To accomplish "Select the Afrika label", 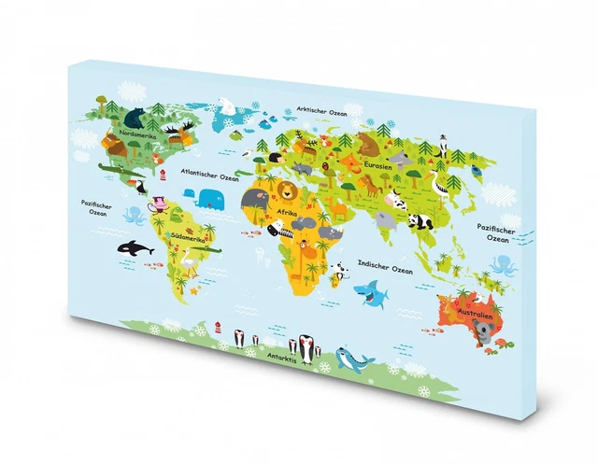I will [288, 214].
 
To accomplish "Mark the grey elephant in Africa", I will [254, 198].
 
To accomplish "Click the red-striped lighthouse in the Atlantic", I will [160, 174].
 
